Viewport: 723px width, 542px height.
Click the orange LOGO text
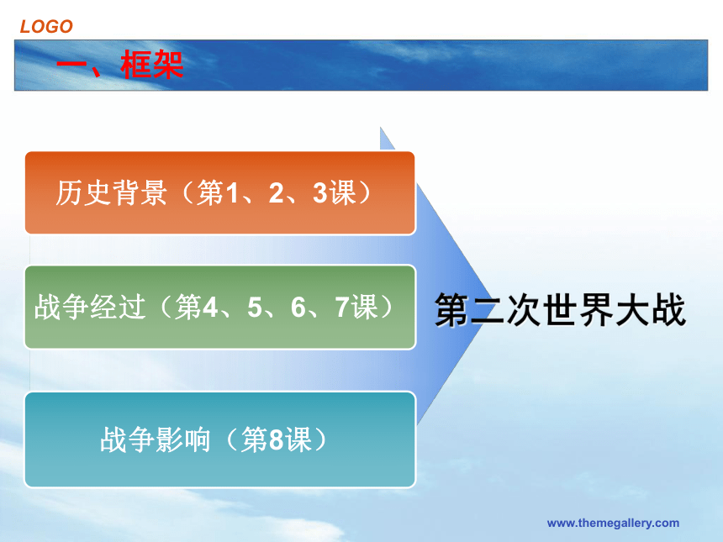coord(46,26)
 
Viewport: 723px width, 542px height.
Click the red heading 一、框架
coord(120,64)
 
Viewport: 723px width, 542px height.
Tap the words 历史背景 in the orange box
coord(111,192)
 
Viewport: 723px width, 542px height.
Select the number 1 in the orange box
coord(231,192)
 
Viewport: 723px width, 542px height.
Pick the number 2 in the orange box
coord(277,192)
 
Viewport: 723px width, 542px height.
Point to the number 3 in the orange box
coord(320,192)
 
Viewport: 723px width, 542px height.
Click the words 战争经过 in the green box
coord(90,307)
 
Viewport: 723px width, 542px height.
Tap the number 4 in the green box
coord(210,307)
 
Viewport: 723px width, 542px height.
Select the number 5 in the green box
coord(255,307)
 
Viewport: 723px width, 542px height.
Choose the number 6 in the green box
coord(298,307)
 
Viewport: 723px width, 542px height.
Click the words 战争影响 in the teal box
coord(156,439)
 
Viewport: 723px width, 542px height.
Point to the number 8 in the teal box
coord(276,439)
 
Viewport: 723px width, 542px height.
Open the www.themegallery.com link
coord(613,524)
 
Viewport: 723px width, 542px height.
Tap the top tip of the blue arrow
coord(380,127)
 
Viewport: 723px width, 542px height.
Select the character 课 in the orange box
coord(342,192)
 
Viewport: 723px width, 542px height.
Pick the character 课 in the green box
coord(364,307)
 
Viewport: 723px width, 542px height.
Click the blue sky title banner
coord(361,65)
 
